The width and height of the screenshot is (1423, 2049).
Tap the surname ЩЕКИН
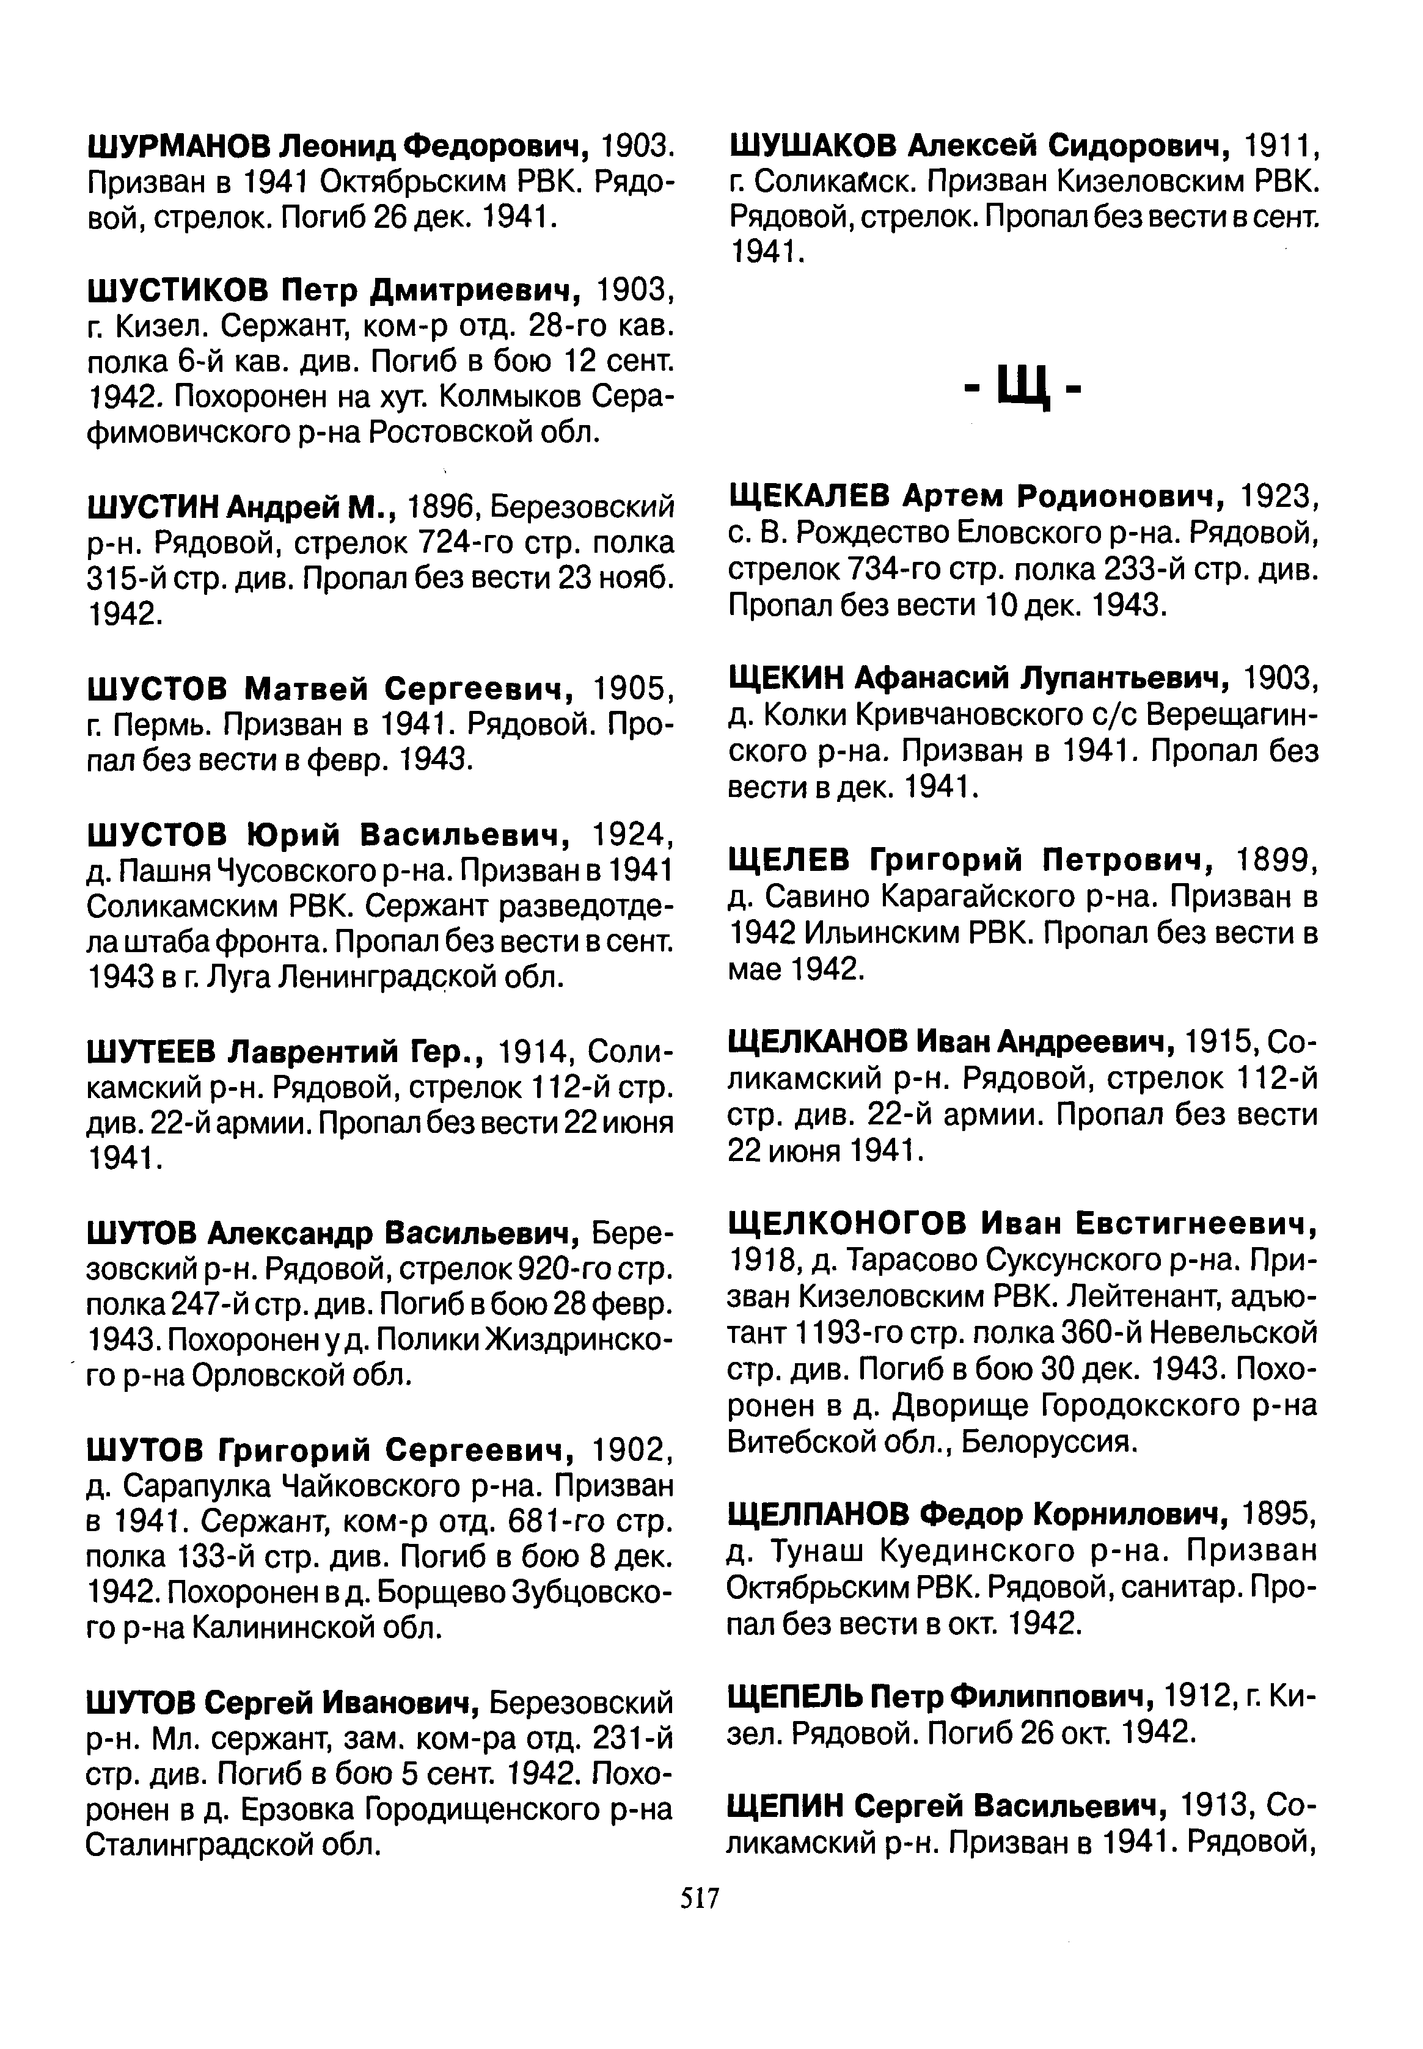point(786,679)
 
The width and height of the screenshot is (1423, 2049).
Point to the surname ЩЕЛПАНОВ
point(818,1513)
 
